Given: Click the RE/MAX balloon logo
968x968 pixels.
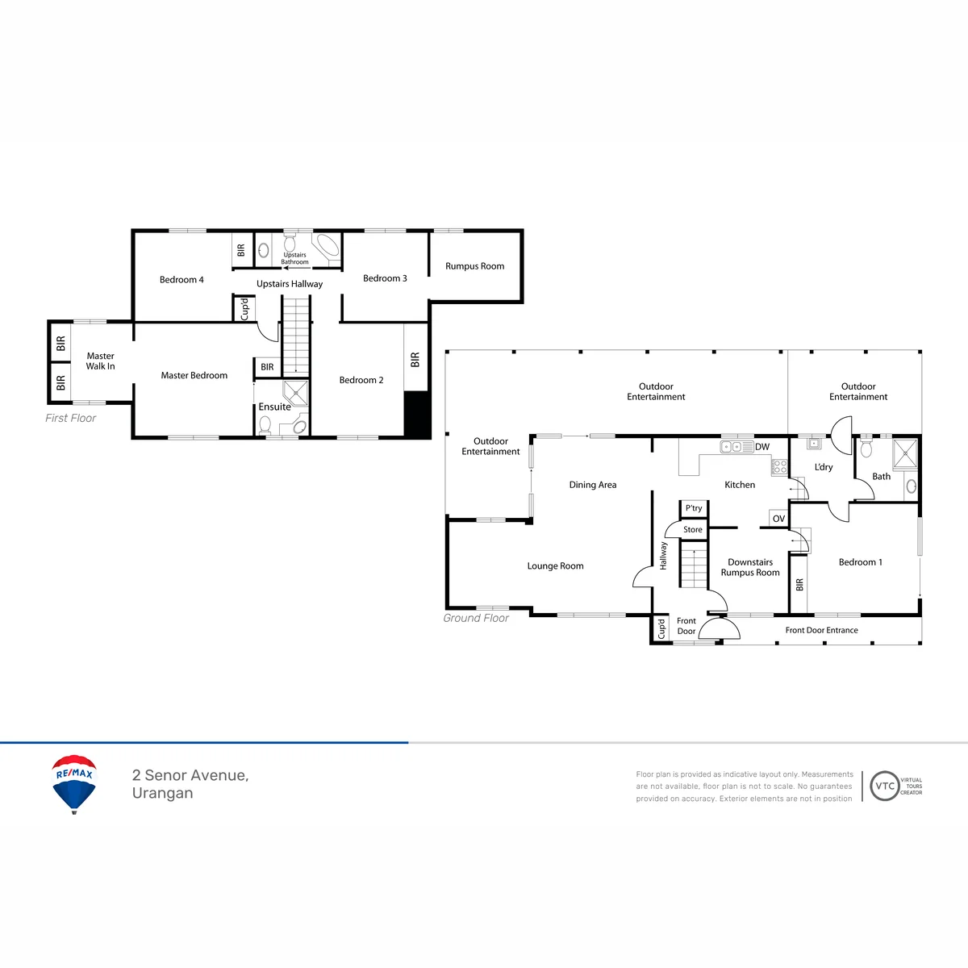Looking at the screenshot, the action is point(74,783).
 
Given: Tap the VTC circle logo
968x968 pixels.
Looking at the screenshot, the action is point(884,786).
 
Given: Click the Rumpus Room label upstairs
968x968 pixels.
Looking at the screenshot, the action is point(474,266).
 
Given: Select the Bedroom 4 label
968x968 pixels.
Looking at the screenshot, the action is point(181,280).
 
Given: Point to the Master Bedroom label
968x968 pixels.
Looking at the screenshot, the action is point(194,375).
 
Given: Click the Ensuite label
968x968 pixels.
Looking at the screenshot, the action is point(274,407).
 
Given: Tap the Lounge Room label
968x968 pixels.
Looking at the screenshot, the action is point(555,566).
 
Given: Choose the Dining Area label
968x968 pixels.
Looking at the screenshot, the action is point(593,485).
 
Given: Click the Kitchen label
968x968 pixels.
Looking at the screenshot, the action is point(740,485).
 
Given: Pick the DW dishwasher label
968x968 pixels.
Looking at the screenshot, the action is point(762,447).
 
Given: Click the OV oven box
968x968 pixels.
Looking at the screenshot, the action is point(778,519).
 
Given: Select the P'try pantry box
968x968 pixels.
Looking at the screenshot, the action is point(694,508).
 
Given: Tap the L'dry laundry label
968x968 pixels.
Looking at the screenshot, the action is point(824,467).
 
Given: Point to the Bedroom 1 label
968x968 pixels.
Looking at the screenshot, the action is point(861,562).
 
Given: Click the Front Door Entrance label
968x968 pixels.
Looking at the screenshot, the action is point(821,630).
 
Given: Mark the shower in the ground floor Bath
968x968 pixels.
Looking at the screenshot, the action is point(905,453).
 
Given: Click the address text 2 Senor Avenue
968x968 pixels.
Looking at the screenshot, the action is point(190,775).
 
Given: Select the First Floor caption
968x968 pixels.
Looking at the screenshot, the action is point(70,418).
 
